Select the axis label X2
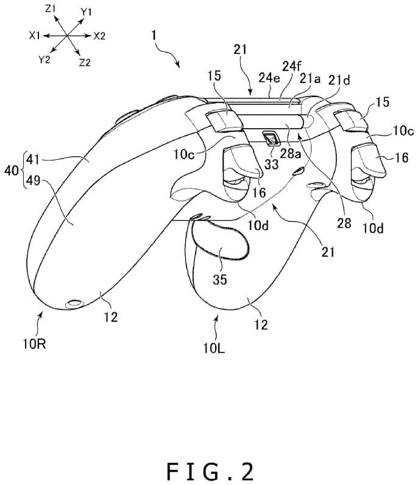99,36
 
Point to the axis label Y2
44,59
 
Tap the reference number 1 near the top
156,37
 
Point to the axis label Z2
84,62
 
